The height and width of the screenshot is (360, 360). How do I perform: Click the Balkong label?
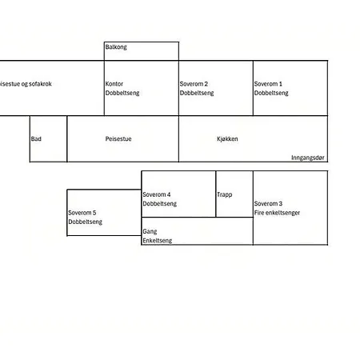pyautogui.click(x=116, y=47)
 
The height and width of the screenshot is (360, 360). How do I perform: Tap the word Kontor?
pyautogui.click(x=114, y=84)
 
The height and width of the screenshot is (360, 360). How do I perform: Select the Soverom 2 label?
pyautogui.click(x=194, y=84)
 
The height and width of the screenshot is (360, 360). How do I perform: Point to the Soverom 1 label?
pyautogui.click(x=268, y=84)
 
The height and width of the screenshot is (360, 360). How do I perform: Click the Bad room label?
pyautogui.click(x=36, y=138)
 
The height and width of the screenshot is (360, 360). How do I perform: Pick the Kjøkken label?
pyautogui.click(x=227, y=138)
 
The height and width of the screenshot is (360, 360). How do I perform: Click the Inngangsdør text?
pyautogui.click(x=308, y=158)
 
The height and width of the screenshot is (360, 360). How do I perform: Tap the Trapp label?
pyautogui.click(x=225, y=194)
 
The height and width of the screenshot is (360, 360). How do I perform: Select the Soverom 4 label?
pyautogui.click(x=157, y=194)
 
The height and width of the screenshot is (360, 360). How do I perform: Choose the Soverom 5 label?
pyautogui.click(x=82, y=213)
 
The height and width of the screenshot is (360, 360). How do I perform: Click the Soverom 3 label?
pyautogui.click(x=268, y=203)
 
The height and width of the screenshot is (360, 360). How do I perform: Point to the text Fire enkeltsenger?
pyautogui.click(x=277, y=213)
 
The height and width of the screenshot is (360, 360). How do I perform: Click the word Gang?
pyautogui.click(x=150, y=231)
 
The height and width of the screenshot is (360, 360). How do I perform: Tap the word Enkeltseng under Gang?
pyautogui.click(x=158, y=241)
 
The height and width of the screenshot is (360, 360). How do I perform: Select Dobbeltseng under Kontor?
pyautogui.click(x=122, y=93)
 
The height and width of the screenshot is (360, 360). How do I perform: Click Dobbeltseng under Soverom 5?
pyautogui.click(x=86, y=222)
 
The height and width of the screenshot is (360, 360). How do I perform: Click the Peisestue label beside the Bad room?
pyautogui.click(x=118, y=138)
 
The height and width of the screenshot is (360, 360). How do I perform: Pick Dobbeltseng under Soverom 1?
pyautogui.click(x=271, y=93)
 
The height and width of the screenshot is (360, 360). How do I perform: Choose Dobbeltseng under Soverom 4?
pyautogui.click(x=160, y=204)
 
